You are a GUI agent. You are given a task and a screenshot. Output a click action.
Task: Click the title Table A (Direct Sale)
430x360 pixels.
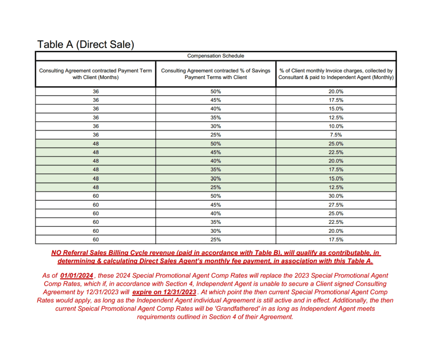tap(86, 44)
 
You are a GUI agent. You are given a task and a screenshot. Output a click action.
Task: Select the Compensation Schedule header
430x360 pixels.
tap(215, 56)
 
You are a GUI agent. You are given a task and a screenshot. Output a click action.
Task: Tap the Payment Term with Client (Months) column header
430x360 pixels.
tap(96, 74)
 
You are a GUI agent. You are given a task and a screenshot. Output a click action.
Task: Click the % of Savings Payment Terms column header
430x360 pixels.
tap(215, 74)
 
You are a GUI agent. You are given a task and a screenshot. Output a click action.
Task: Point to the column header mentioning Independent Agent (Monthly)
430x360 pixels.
tap(336, 74)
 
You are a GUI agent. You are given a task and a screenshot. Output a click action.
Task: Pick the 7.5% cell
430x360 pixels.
tap(336, 135)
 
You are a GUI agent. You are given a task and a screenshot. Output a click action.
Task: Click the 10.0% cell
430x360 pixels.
tap(336, 126)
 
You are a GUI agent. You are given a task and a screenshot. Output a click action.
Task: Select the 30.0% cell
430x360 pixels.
tap(336, 196)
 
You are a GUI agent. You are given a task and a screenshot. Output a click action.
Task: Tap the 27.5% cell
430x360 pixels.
tap(336, 205)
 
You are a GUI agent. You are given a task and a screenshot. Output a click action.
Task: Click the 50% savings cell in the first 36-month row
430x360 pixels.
tap(215, 92)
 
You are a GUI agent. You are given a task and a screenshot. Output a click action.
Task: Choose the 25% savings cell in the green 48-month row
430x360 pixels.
tap(215, 187)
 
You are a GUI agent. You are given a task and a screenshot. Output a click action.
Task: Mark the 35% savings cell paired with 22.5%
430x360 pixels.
tap(215, 222)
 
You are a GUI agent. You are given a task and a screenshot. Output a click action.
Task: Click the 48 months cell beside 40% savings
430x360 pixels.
tap(96, 161)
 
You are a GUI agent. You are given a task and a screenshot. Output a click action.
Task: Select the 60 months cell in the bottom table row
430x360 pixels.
tap(96, 240)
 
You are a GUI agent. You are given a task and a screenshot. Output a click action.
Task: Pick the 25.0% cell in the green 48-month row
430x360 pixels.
tap(336, 144)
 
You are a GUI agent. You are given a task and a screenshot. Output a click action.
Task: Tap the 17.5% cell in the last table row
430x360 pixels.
tap(336, 240)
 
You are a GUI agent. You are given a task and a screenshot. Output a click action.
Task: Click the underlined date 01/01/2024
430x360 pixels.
tap(77, 276)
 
